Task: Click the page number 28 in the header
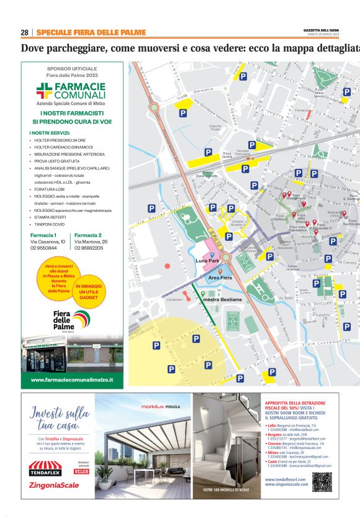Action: [25, 32]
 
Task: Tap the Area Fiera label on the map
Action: [220, 277]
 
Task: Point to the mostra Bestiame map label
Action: [223, 300]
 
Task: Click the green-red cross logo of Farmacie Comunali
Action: [43, 90]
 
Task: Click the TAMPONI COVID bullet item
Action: [50, 224]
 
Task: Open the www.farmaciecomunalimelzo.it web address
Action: [71, 380]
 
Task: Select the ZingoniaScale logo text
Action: [55, 485]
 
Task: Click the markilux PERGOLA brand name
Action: [160, 406]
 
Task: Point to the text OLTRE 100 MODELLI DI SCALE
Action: [225, 491]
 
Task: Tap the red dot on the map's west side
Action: [168, 266]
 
